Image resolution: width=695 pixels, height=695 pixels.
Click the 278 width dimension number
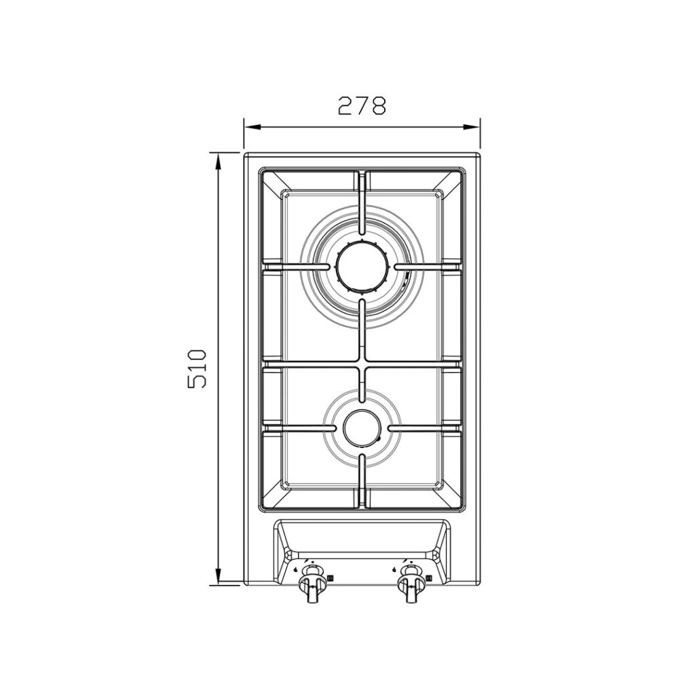pos(362,106)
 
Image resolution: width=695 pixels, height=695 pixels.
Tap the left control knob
pos(311,584)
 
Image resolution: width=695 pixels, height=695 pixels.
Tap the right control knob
pos(409,584)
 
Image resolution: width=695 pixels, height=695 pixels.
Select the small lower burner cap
pos(362,427)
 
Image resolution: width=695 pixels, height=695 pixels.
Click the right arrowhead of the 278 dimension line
pos(472,127)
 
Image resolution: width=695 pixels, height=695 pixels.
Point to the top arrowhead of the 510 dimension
pos(218,161)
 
